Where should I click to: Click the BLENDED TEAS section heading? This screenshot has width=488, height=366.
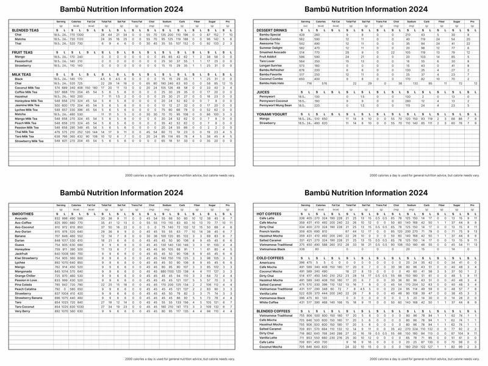(x=25, y=30)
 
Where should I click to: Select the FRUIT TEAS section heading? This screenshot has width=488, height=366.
(x=22, y=52)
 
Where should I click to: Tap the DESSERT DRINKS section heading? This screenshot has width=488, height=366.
(x=273, y=30)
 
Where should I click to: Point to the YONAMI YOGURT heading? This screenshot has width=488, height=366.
(x=273, y=114)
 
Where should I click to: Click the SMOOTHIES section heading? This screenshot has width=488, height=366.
(x=23, y=214)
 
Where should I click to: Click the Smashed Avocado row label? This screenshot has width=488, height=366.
(x=271, y=52)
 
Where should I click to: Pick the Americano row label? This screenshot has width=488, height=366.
(x=267, y=262)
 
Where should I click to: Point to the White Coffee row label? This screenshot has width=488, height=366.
(x=269, y=302)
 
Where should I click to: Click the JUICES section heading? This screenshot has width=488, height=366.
(x=263, y=91)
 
